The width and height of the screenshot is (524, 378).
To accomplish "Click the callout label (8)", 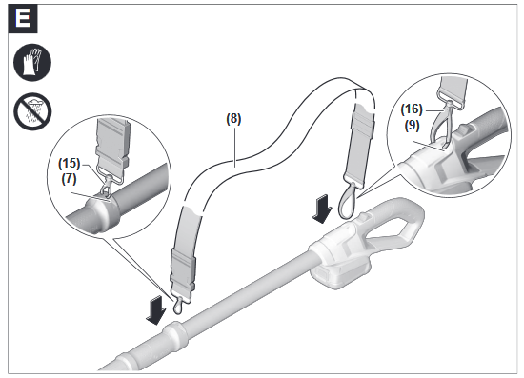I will (x=233, y=120).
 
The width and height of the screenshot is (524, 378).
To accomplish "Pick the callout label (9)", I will (x=412, y=126).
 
